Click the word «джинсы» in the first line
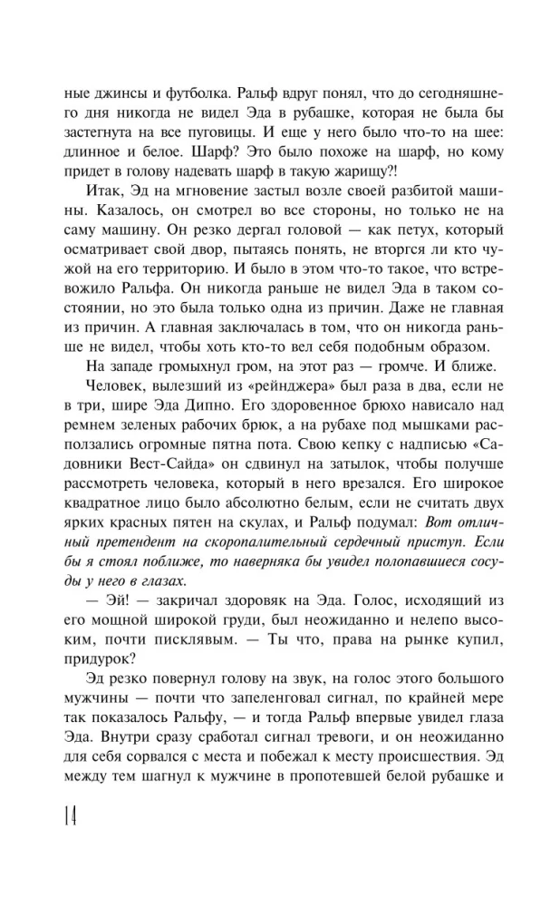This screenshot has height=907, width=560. coord(108,92)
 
